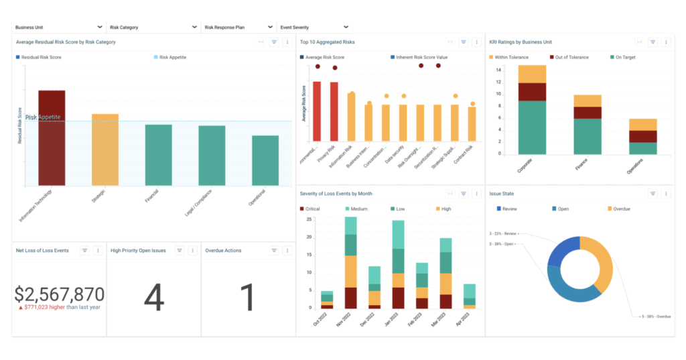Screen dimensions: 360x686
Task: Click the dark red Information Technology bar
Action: [x=52, y=137]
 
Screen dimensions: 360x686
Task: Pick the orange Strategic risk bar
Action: [x=105, y=149]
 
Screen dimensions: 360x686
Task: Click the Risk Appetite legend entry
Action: [x=171, y=58]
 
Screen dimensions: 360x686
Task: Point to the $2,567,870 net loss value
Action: [x=59, y=294]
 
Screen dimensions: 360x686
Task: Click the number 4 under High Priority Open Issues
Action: [x=153, y=298]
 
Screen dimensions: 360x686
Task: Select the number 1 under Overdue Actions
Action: [x=248, y=298]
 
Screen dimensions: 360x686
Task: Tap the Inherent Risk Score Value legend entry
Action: [x=421, y=58]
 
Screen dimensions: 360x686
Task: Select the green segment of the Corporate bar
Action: [x=532, y=127]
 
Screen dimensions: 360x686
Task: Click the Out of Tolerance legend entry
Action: [x=571, y=58]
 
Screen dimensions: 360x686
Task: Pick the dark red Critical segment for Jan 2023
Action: [x=398, y=297]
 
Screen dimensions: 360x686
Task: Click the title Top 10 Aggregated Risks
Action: [x=327, y=42]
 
